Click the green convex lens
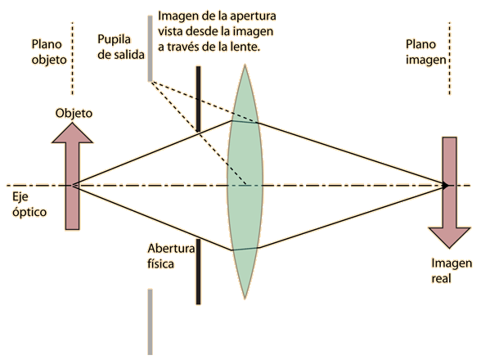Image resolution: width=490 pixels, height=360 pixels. [x=245, y=182]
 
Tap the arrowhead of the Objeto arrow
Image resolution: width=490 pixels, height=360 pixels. [x=72, y=133]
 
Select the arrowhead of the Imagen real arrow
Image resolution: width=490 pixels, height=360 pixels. [x=449, y=238]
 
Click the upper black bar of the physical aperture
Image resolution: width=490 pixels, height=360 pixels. [x=198, y=99]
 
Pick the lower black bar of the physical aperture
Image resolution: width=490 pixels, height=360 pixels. [x=198, y=272]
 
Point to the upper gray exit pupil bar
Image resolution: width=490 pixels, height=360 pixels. [x=150, y=48]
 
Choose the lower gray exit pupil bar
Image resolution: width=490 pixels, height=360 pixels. [x=150, y=322]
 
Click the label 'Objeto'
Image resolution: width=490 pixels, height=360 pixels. [x=74, y=113]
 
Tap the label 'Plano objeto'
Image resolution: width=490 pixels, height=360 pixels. [x=49, y=52]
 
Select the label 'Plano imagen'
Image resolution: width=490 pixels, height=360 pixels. [x=426, y=52]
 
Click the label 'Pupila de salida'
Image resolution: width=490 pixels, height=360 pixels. [x=121, y=47]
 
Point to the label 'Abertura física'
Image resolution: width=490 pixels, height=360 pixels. [x=171, y=256]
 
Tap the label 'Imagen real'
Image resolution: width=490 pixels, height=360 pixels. [x=452, y=271]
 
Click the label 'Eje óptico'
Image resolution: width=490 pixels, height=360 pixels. [x=29, y=205]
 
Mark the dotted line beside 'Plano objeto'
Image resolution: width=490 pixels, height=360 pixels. [x=72, y=58]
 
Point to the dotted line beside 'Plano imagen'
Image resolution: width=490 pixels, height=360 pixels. [x=449, y=58]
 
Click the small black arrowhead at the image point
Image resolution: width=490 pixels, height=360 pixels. [x=445, y=185]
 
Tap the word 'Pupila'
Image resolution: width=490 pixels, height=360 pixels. [x=114, y=40]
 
